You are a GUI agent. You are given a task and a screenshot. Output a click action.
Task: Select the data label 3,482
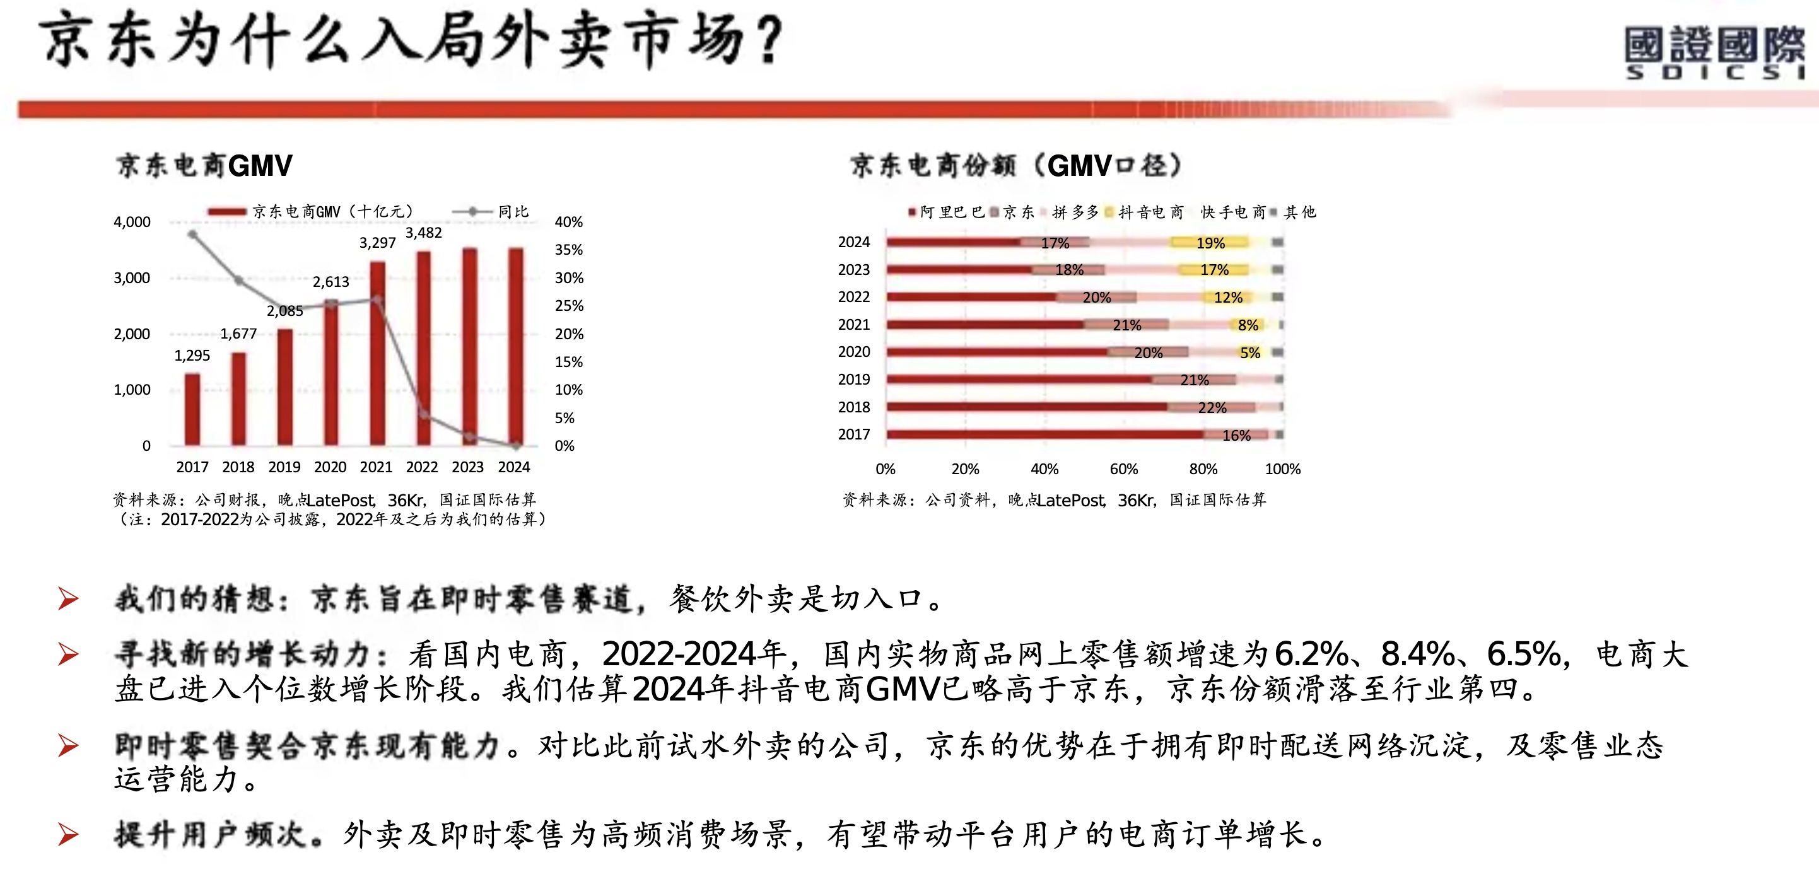(423, 233)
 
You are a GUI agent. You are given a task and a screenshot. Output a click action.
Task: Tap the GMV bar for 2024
(516, 346)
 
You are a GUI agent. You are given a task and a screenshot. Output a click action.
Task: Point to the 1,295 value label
(192, 356)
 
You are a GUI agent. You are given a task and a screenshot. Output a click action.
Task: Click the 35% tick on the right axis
(568, 250)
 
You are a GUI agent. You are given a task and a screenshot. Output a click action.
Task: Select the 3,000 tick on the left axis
(132, 278)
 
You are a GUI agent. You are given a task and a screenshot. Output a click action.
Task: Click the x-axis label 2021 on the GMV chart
(376, 467)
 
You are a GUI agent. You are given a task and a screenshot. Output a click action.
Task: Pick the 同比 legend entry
(513, 212)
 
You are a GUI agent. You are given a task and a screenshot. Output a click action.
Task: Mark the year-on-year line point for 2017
(192, 234)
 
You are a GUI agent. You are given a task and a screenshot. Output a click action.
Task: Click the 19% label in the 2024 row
(1210, 243)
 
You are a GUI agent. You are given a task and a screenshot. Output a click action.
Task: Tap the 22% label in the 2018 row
(1212, 408)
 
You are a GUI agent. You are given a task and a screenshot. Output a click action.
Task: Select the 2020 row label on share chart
(854, 352)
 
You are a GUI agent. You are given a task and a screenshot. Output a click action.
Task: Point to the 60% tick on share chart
(1123, 470)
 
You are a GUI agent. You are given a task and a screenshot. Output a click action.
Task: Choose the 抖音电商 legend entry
(1150, 212)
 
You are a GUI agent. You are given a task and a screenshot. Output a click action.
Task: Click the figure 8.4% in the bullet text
(1417, 654)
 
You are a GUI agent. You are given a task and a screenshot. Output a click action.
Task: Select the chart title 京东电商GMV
(204, 166)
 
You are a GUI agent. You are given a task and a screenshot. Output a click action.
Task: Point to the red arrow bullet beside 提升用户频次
(69, 835)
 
